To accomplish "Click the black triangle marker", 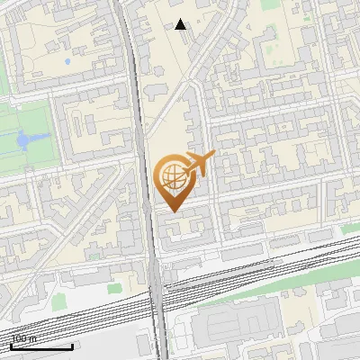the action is point(181,24).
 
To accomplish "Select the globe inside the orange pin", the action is point(172,177).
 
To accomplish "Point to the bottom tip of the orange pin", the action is point(172,211).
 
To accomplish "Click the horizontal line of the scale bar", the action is point(41,346).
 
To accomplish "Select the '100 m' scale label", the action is point(24,339).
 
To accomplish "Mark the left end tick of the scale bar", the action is point(11,345).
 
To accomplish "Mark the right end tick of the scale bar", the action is point(73,345).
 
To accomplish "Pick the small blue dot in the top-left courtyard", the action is point(67,61).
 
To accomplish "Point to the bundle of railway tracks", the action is point(90,310).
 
